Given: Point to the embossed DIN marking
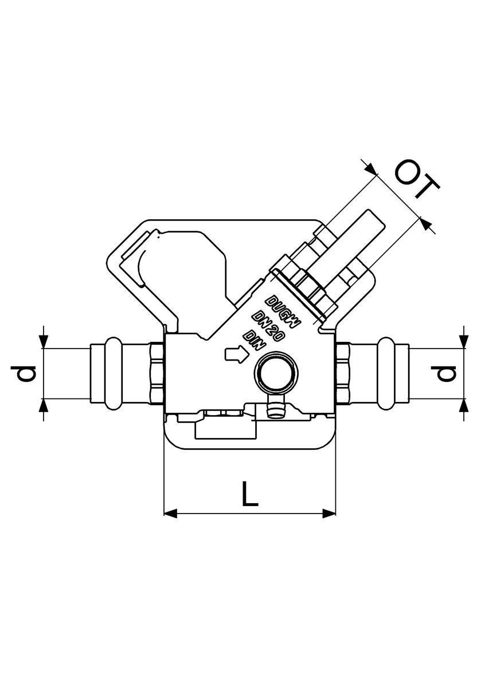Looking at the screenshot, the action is point(254,340).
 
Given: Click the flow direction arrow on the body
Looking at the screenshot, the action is point(237,354).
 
